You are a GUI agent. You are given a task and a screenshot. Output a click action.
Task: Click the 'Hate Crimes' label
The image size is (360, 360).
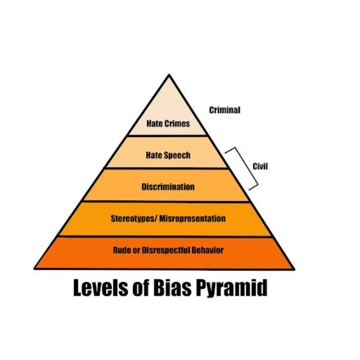coord(168,123)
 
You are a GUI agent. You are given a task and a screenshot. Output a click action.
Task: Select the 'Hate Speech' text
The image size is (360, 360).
coord(168,155)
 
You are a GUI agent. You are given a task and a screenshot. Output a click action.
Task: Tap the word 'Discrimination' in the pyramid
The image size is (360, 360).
coord(168,187)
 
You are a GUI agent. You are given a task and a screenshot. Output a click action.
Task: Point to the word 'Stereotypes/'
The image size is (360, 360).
coord(133,219)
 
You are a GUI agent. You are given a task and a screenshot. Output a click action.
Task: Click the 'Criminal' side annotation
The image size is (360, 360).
coord(224,110)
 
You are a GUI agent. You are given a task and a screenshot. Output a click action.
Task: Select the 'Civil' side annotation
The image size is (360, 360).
coord(260,167)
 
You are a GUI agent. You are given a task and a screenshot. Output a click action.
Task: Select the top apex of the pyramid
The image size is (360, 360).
coord(169,75)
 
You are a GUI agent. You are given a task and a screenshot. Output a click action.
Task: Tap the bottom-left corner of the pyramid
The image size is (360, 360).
coord(34,268)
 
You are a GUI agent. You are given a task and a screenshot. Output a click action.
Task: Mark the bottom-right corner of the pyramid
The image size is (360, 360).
coord(294,268)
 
